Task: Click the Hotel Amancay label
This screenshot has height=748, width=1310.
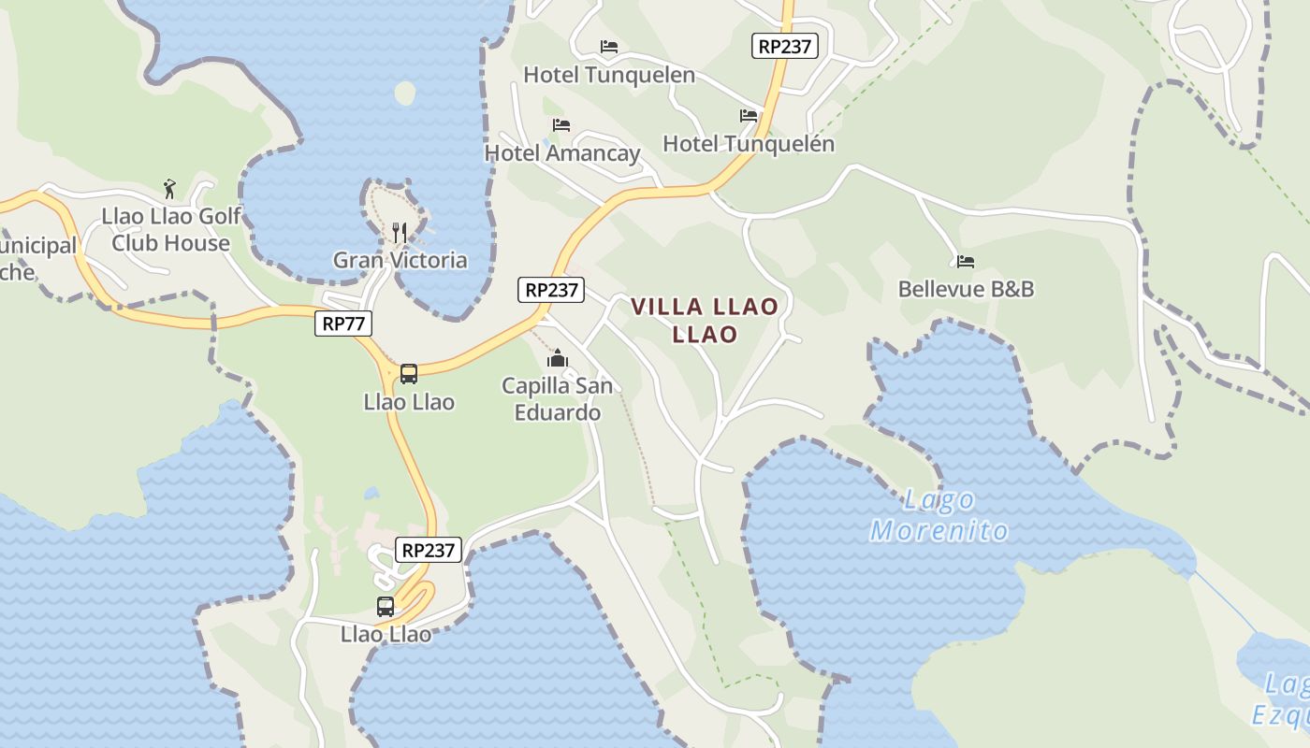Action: [561, 153]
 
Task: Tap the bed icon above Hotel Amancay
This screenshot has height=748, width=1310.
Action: [561, 124]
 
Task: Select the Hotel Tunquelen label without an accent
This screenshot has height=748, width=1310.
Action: [609, 75]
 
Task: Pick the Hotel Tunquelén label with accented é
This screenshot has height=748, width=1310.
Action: [749, 144]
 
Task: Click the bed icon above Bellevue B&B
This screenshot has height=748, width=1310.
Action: [966, 262]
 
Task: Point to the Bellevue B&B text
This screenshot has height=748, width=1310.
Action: [966, 289]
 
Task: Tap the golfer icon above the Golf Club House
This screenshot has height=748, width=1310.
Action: [169, 189]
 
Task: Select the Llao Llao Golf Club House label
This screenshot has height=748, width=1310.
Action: [171, 230]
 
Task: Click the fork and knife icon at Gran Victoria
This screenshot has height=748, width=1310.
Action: [400, 232]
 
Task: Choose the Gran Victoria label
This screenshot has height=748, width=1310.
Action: [400, 260]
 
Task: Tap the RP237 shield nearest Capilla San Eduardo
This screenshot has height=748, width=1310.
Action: [551, 290]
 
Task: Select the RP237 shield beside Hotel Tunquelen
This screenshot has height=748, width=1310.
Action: [784, 46]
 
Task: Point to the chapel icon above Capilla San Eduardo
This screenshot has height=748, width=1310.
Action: [558, 358]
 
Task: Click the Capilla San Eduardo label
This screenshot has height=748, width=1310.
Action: [558, 398]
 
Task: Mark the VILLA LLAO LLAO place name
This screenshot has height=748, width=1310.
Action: [705, 320]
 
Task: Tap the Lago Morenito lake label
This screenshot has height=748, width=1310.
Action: [939, 515]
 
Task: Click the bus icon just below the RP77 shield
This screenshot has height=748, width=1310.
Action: [409, 374]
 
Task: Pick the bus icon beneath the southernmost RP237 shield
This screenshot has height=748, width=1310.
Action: [386, 606]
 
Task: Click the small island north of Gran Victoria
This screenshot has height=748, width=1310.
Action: [405, 93]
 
